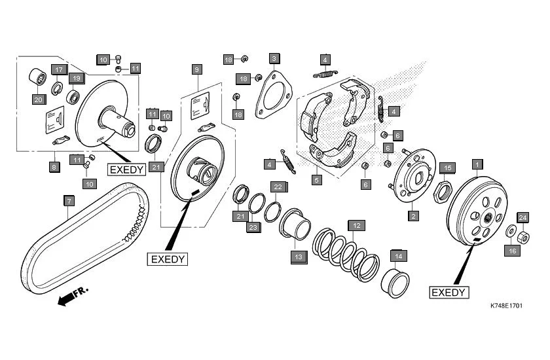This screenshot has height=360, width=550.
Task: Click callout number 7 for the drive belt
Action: [x=68, y=200]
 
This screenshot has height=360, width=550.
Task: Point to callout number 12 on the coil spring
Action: [x=354, y=225]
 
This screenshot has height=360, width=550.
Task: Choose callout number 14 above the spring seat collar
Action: [x=398, y=256]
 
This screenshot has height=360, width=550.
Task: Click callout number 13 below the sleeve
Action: [x=299, y=257]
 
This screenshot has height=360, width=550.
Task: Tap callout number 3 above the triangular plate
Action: [x=274, y=59]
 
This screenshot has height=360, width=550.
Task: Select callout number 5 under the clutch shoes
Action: [x=317, y=179]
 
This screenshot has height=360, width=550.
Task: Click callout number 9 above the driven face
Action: [x=196, y=69]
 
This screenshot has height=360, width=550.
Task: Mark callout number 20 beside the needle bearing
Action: [x=37, y=99]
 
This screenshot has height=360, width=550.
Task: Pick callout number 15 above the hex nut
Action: [x=447, y=168]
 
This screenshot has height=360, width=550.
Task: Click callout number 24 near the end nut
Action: [x=523, y=217]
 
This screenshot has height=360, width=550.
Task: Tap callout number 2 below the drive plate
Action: [x=413, y=215]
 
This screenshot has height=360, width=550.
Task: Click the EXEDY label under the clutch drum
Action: [x=449, y=292]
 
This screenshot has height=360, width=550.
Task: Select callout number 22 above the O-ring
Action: [x=278, y=187]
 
